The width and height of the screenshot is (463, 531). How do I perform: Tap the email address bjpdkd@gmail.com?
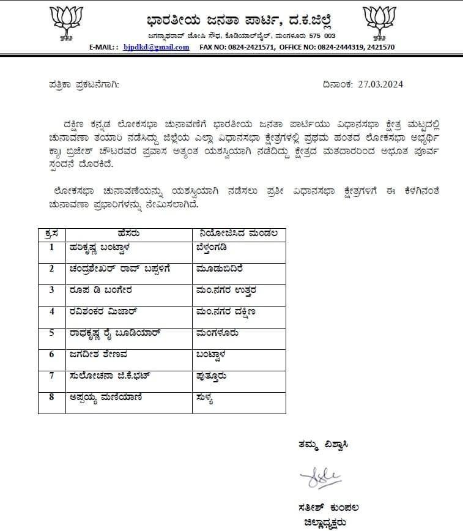[156, 47]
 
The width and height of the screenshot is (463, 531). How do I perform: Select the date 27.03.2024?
[380, 84]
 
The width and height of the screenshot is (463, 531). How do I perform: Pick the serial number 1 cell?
[52, 247]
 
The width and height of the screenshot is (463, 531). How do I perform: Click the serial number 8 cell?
[52, 397]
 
